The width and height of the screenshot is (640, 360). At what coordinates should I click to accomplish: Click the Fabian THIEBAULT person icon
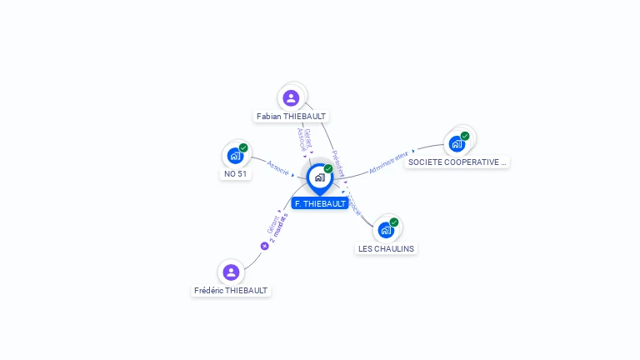point(291,98)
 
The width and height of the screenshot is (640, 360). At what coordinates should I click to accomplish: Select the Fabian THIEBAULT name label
point(292,117)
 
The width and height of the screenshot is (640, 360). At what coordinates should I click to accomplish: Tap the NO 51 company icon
point(235,156)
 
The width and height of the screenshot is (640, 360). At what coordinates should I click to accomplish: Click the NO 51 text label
point(236,174)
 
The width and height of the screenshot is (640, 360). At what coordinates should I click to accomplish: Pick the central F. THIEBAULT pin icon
point(319,177)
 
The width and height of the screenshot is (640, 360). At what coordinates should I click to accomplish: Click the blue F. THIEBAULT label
point(320,203)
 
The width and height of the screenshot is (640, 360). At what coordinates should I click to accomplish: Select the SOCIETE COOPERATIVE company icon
point(457,143)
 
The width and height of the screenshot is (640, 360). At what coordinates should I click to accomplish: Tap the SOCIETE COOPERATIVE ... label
point(457,162)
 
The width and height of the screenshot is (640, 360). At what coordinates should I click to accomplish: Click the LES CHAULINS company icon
point(386,230)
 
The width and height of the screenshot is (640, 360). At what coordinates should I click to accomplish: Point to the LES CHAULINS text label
point(386,248)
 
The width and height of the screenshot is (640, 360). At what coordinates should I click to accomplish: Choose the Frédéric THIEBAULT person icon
point(231,272)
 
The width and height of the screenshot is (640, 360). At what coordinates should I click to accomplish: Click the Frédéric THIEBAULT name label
point(231,291)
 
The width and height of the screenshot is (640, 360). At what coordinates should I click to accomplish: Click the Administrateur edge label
point(388,161)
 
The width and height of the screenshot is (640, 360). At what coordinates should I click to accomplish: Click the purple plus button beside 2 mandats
point(265,246)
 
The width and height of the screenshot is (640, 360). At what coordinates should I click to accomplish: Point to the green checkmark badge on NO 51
point(243,147)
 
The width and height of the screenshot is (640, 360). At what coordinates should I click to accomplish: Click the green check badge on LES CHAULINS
point(394,222)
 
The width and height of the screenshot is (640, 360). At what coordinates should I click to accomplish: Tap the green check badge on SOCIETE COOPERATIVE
point(465,136)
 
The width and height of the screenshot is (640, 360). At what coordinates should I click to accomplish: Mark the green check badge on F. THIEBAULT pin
point(328,168)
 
